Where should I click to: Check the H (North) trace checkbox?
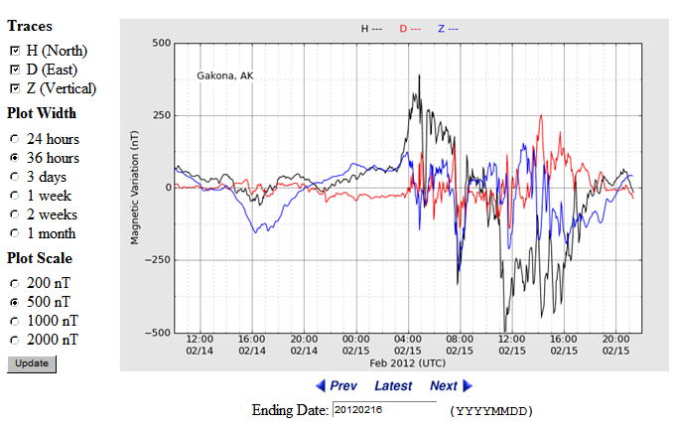14,51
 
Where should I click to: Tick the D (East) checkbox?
14,70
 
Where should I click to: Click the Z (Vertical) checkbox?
14,88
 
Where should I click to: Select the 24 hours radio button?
14,139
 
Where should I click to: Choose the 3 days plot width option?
14,177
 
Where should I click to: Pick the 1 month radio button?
14,233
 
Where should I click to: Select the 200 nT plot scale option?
14,282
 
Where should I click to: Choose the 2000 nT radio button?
14,339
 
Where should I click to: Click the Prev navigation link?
337,385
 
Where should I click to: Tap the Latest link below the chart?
393,385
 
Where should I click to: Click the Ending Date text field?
384,409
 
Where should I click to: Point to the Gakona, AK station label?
225,74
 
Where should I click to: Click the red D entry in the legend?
409,29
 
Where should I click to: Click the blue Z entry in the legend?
448,29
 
